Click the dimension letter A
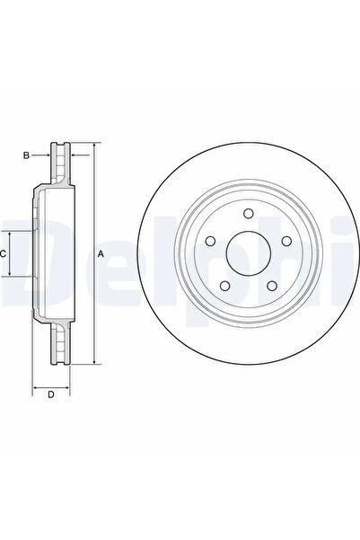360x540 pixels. pyautogui.click(x=101, y=254)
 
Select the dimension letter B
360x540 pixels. pyautogui.click(x=26, y=155)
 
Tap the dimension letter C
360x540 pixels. pyautogui.click(x=4, y=254)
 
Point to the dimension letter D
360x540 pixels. pyautogui.click(x=51, y=394)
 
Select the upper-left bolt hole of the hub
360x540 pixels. pyautogui.click(x=210, y=241)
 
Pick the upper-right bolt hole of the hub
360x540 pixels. pyautogui.click(x=285, y=241)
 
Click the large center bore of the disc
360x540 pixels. pyautogui.click(x=247, y=254)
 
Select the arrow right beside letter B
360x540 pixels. pyautogui.click(x=45, y=155)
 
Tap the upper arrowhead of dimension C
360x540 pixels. pyautogui.click(x=11, y=233)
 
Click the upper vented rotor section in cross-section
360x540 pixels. pyautogui.click(x=62, y=163)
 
